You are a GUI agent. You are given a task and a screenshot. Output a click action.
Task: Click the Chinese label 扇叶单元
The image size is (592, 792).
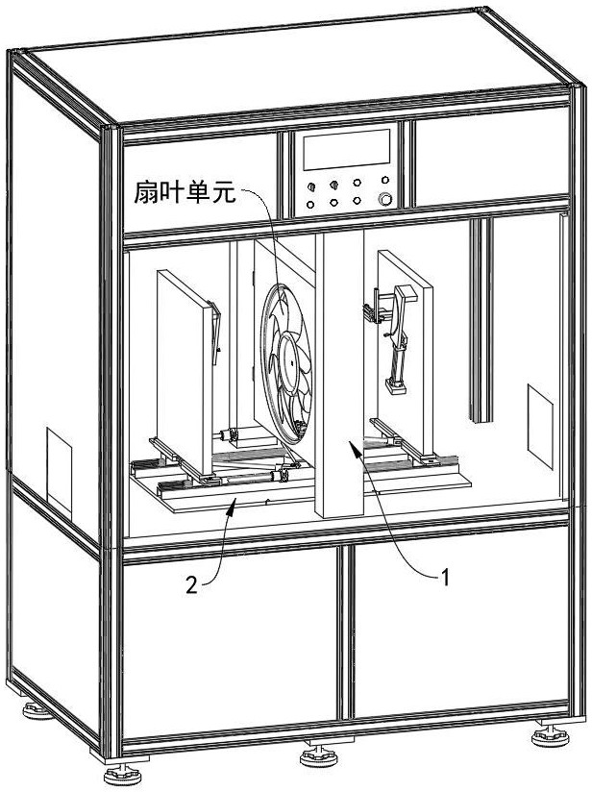tap(184, 191)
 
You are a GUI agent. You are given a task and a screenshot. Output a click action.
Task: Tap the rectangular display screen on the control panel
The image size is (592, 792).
tap(346, 150)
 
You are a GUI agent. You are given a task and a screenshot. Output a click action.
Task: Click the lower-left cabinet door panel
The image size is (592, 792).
tap(231, 639)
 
